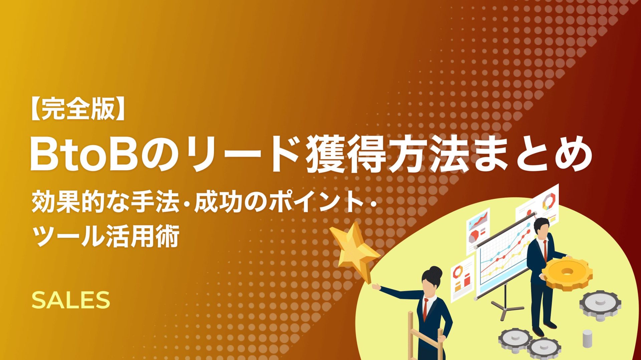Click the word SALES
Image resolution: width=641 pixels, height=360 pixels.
(71, 300)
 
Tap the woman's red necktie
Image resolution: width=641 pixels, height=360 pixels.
(426, 309)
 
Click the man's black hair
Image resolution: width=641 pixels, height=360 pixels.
(541, 223)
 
